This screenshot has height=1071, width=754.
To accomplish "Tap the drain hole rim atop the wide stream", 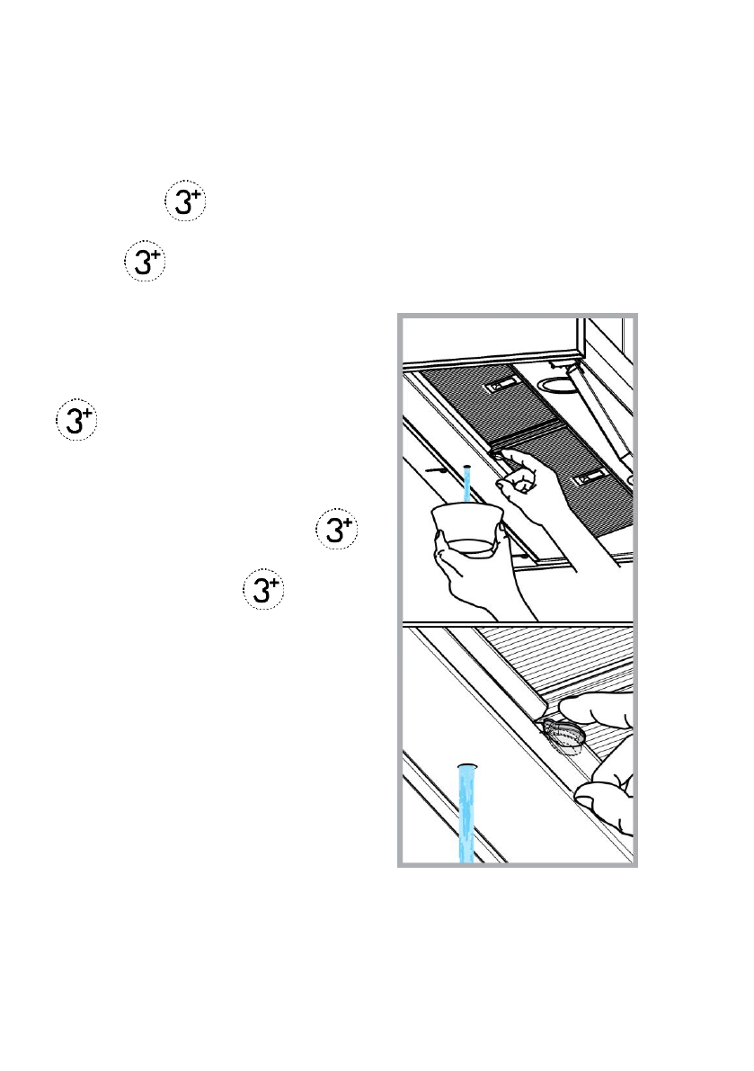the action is pos(466,764).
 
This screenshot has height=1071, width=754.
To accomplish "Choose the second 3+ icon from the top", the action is pos(143,265).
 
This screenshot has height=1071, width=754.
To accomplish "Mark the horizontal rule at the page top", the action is pos(377,55).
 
